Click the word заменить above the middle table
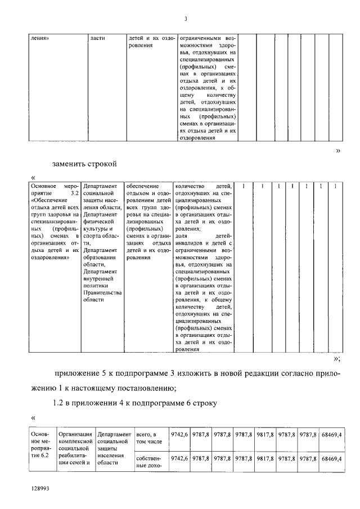click(x=71, y=164)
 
